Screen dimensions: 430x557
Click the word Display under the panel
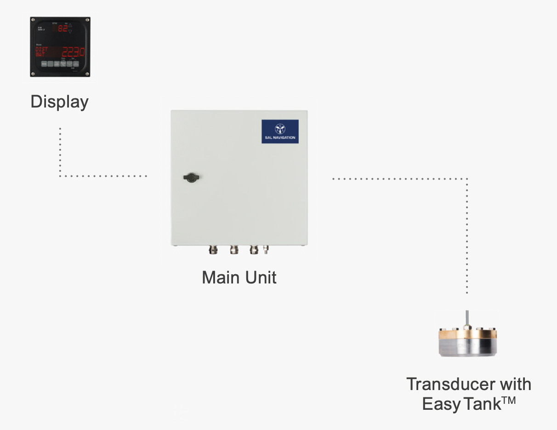pyautogui.click(x=59, y=102)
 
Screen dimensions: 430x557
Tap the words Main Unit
pyautogui.click(x=239, y=277)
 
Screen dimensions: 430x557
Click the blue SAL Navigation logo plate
pyautogui.click(x=280, y=131)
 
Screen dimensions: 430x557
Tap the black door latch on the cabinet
pyautogui.click(x=190, y=178)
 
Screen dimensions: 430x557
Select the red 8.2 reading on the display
pyautogui.click(x=63, y=28)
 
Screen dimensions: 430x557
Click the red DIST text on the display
pyautogui.click(x=41, y=49)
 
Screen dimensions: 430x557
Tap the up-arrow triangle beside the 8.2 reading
pyautogui.click(x=70, y=26)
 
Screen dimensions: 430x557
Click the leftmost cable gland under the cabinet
pyautogui.click(x=212, y=250)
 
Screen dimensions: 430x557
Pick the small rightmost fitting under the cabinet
pyautogui.click(x=266, y=250)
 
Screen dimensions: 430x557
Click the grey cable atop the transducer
pyautogui.click(x=467, y=317)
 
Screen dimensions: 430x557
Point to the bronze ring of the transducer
pyautogui.click(x=468, y=334)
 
